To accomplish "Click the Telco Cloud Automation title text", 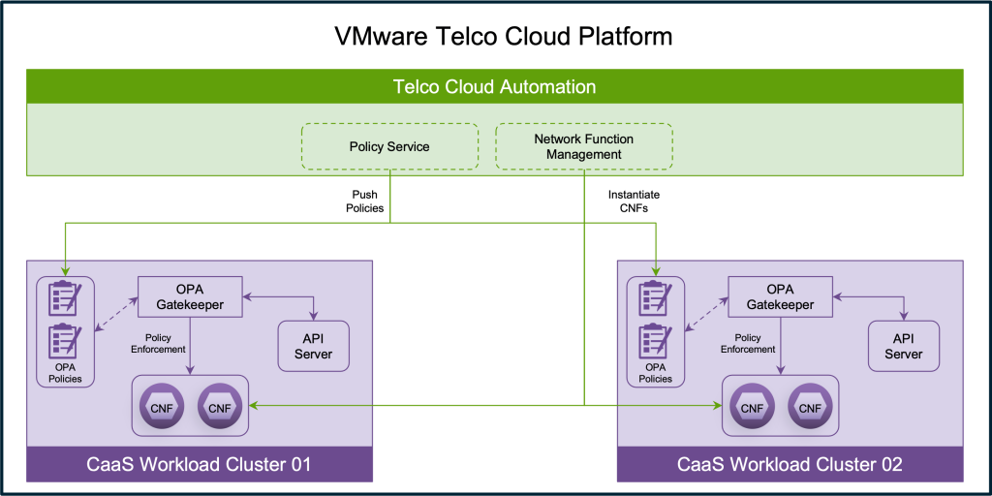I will click(494, 87).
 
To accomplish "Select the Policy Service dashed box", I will click(389, 146).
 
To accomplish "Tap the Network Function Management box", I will click(583, 146).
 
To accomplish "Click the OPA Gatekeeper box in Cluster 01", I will click(190, 296).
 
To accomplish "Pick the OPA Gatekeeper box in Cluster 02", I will click(780, 296).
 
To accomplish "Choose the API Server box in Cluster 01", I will click(313, 346).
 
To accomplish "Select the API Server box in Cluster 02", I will click(904, 346).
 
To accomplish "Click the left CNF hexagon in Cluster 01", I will click(162, 407).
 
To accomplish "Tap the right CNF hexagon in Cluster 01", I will click(220, 407).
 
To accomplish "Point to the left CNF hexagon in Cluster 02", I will click(752, 407).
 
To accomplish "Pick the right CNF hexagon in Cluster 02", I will click(810, 407).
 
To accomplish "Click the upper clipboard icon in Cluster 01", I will click(65, 298).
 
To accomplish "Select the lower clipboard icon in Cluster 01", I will click(65, 341).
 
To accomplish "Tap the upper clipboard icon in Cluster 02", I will click(656, 298).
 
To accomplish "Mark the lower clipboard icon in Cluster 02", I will click(656, 341).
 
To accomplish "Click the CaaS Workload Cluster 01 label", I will click(199, 465).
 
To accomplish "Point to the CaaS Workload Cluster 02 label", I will click(790, 465).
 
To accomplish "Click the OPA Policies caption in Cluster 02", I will click(656, 373).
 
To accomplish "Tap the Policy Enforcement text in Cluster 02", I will click(748, 343).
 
